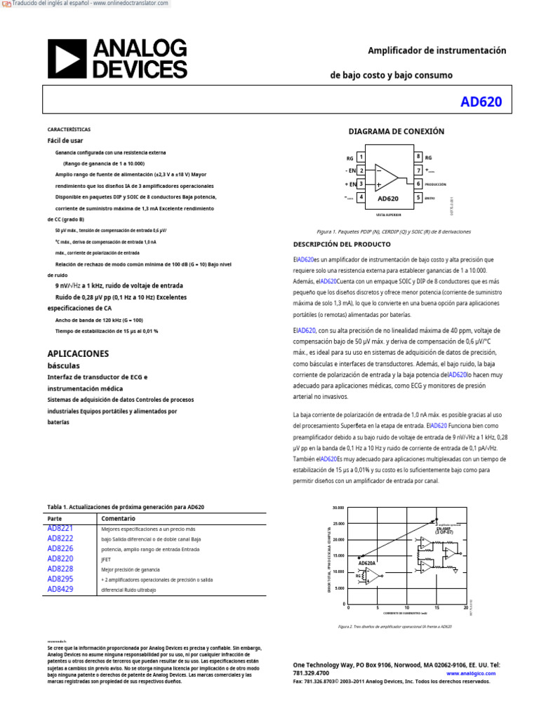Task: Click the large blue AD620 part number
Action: [x=481, y=102]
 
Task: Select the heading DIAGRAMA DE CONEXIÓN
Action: [x=397, y=132]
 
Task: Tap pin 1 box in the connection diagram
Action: [x=361, y=157]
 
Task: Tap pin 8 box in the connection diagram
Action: [x=418, y=157]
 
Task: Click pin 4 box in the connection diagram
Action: [x=361, y=198]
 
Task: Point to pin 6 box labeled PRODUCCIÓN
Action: [x=418, y=184]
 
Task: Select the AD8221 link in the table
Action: [x=60, y=528]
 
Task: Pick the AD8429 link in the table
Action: [x=60, y=590]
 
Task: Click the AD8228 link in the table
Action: [x=60, y=569]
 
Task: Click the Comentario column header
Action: [x=119, y=518]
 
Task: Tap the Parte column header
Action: [x=55, y=518]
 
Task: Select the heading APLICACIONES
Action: [x=78, y=353]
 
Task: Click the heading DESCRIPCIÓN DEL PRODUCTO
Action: [x=341, y=244]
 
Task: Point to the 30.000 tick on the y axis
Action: [x=338, y=507]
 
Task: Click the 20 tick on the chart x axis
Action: [x=465, y=607]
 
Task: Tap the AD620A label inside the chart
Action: [x=367, y=562]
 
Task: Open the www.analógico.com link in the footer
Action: [x=470, y=673]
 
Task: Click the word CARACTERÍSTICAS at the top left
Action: [x=69, y=130]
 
